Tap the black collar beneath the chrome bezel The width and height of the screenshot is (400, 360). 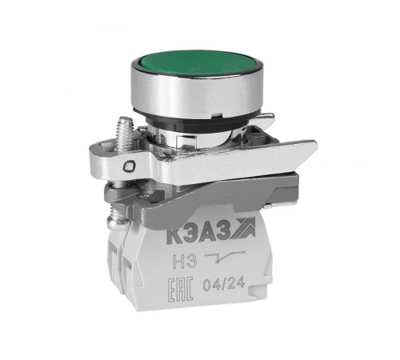(198, 125)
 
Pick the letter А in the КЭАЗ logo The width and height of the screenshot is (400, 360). (209, 234)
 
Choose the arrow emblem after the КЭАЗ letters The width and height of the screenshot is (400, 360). (243, 228)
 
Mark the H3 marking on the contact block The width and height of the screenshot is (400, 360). (185, 262)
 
